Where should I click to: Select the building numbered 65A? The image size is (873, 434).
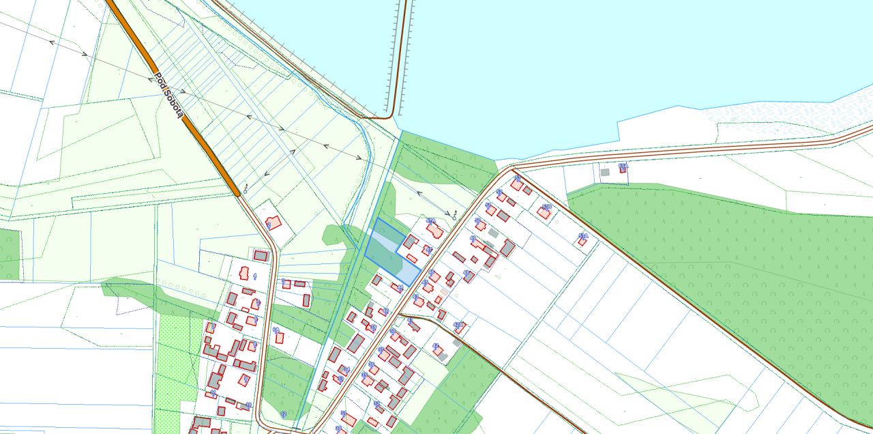623,169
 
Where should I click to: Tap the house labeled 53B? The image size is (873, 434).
544,213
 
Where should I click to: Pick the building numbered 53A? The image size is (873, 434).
582,242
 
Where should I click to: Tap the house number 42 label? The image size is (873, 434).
435,346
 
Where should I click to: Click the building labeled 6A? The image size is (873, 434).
279,338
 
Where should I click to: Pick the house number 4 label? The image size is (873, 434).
255,276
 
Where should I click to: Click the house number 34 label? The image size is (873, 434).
346,369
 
